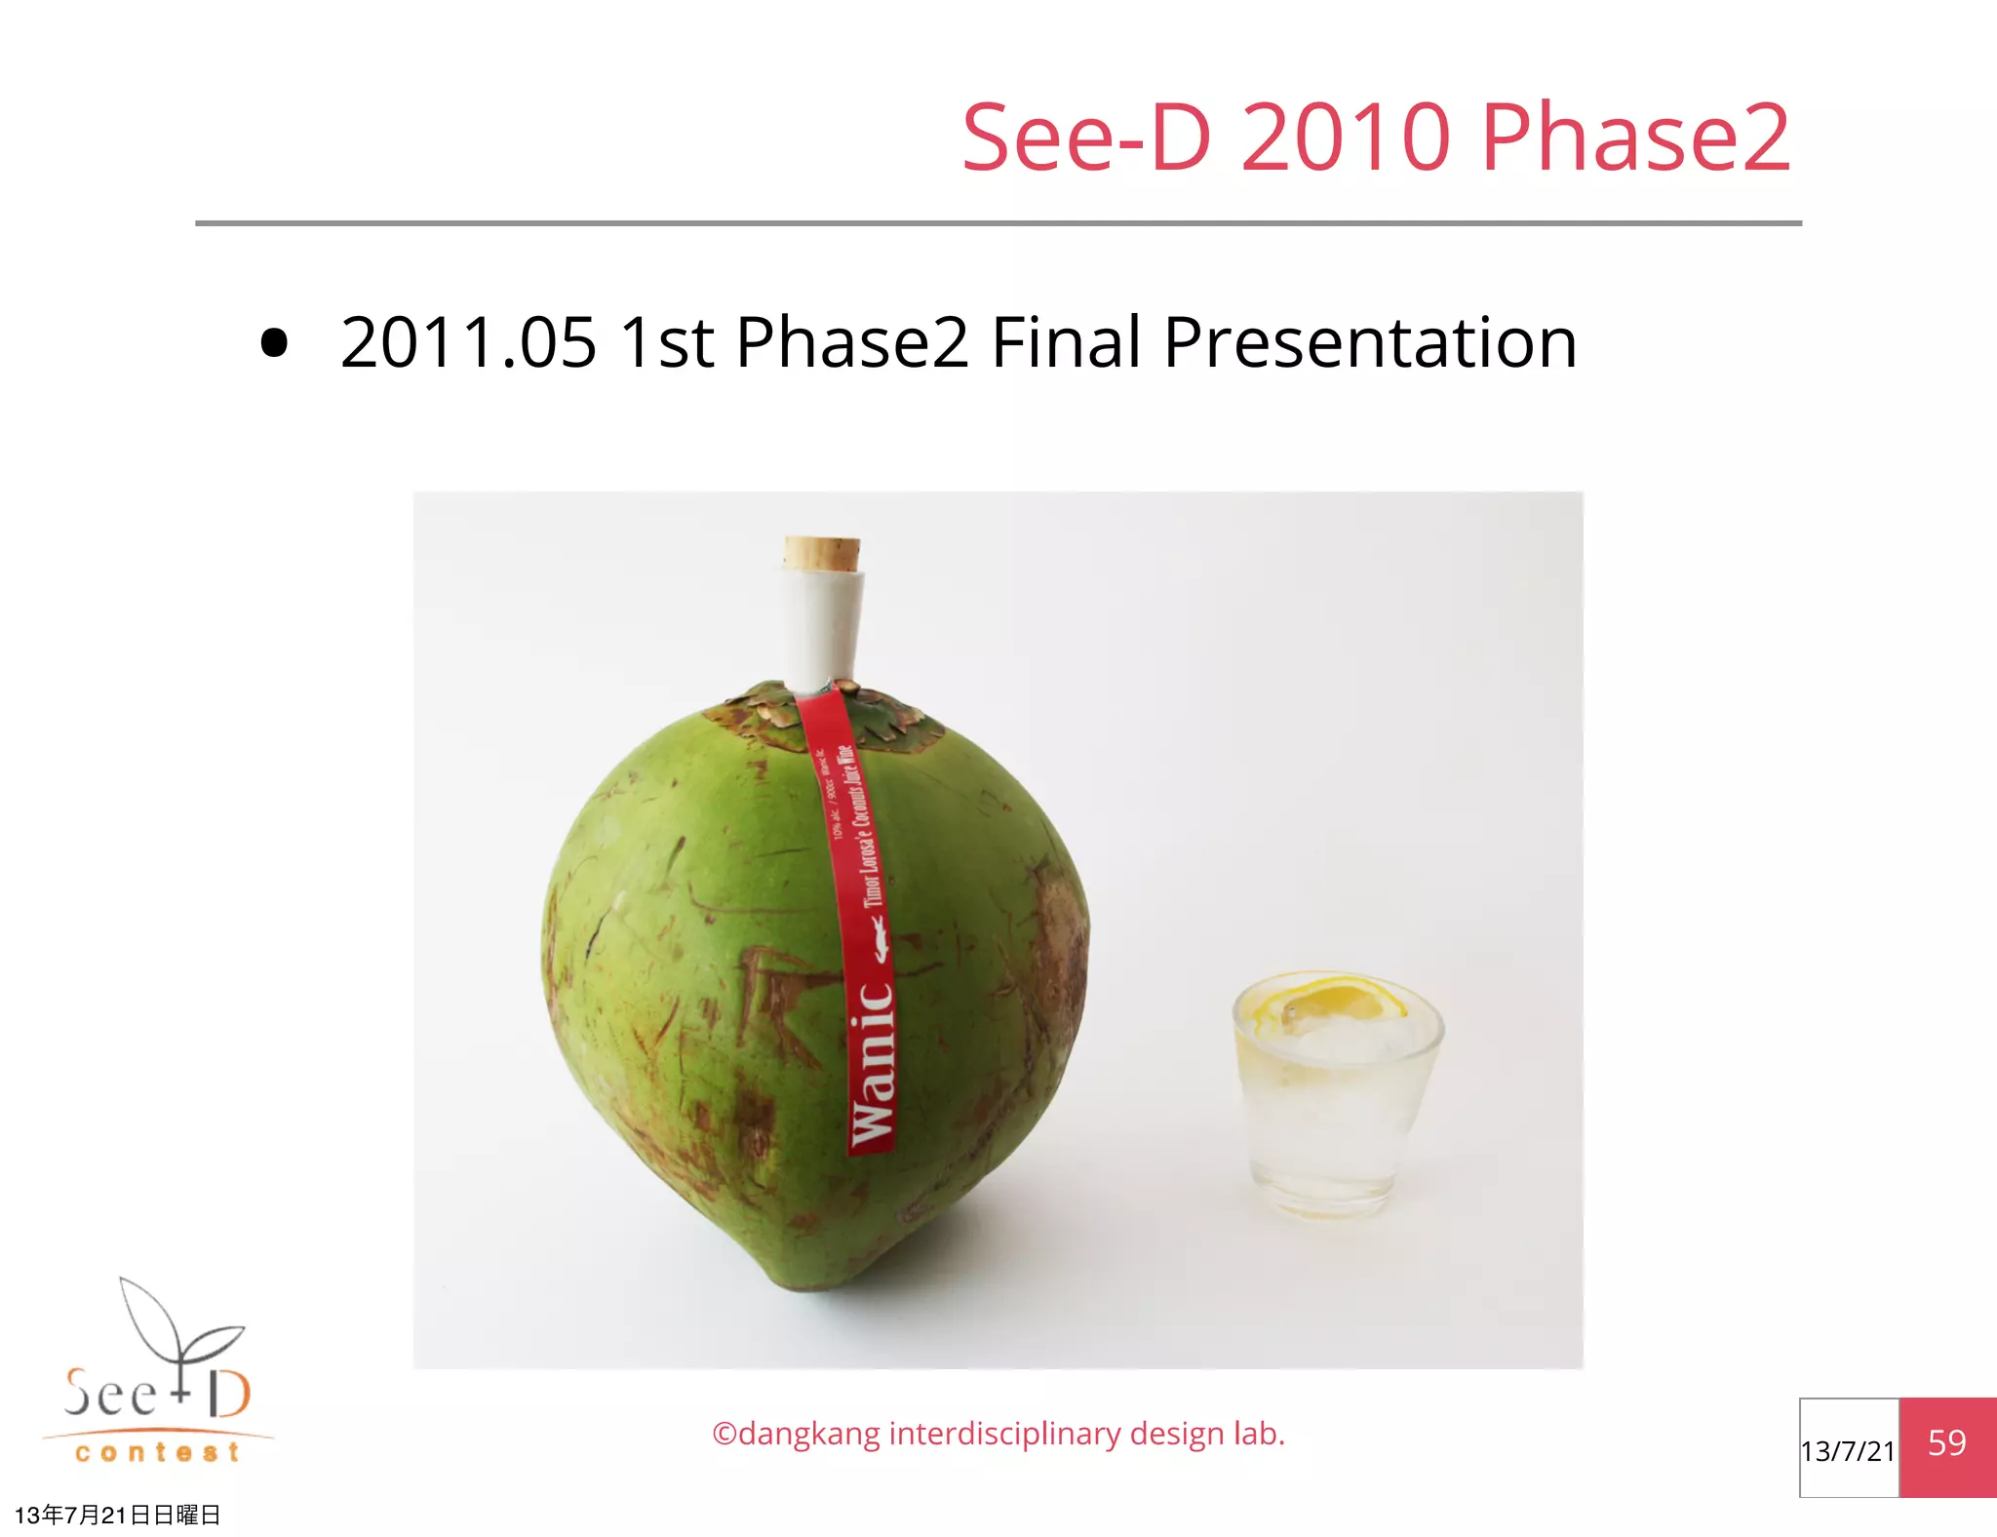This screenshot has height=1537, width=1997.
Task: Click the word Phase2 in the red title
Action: pyautogui.click(x=1635, y=138)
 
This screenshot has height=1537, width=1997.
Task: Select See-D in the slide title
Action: pyautogui.click(x=1086, y=138)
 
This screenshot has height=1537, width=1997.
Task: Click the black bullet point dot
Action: pyautogui.click(x=275, y=343)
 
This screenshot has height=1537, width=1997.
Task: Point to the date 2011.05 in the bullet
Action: pyautogui.click(x=468, y=343)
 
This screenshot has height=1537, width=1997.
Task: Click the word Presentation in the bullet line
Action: pyautogui.click(x=1370, y=343)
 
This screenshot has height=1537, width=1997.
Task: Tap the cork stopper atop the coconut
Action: pyautogui.click(x=822, y=553)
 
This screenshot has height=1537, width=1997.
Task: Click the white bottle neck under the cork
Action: pyautogui.click(x=822, y=629)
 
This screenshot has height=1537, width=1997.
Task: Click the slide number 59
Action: pyautogui.click(x=1947, y=1443)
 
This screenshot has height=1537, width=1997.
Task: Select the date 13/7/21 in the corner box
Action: pyautogui.click(x=1848, y=1451)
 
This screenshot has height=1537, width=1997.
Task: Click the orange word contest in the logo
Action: pyautogui.click(x=157, y=1453)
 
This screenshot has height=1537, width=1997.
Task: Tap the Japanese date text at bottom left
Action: pyautogui.click(x=117, y=1515)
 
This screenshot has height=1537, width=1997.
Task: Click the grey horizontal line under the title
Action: pyautogui.click(x=998, y=223)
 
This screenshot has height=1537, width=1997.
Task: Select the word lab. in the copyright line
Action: pyautogui.click(x=1259, y=1434)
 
